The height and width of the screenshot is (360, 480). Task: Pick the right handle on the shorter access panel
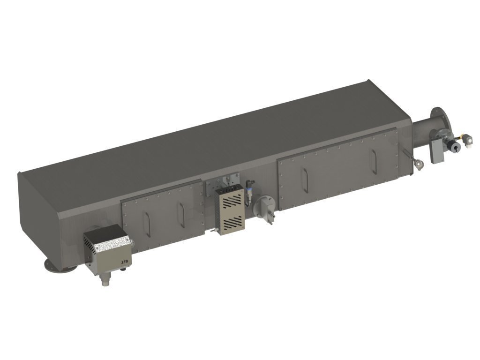[x=180, y=214]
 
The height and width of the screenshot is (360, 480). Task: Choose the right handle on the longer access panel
[x=374, y=159]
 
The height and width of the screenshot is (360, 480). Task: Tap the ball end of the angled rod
[x=419, y=165]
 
